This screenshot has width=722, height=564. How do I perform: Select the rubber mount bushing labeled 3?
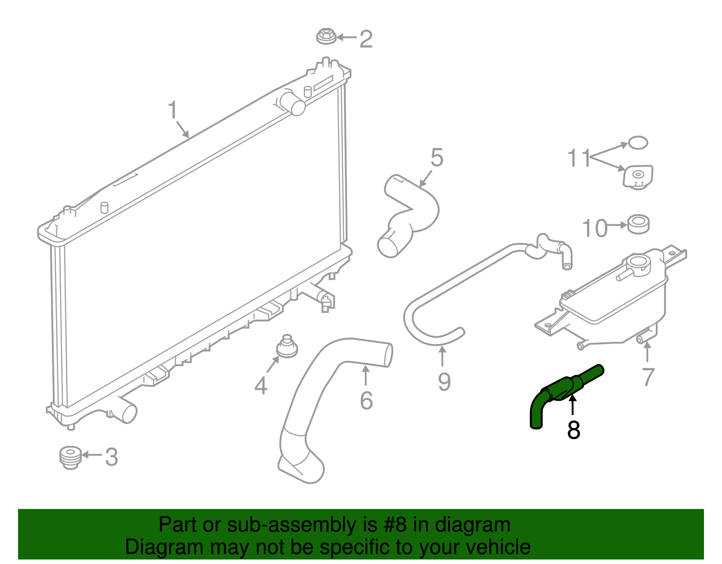pyautogui.click(x=70, y=457)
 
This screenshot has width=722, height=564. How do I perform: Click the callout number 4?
pyautogui.click(x=261, y=386)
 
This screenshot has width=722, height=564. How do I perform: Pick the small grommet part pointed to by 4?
pyautogui.click(x=287, y=347)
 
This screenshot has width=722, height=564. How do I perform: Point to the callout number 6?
pyautogui.click(x=366, y=401)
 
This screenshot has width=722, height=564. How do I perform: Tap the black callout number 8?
pyautogui.click(x=574, y=430)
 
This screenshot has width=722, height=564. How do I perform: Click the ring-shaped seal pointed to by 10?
pyautogui.click(x=638, y=224)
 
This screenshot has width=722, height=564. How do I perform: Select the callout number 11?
pyautogui.click(x=579, y=158)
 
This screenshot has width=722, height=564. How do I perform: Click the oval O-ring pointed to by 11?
pyautogui.click(x=638, y=143)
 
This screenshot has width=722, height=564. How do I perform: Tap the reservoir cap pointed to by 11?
pyautogui.click(x=638, y=177)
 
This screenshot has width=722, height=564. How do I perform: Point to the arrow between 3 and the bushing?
pyautogui.click(x=92, y=455)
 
